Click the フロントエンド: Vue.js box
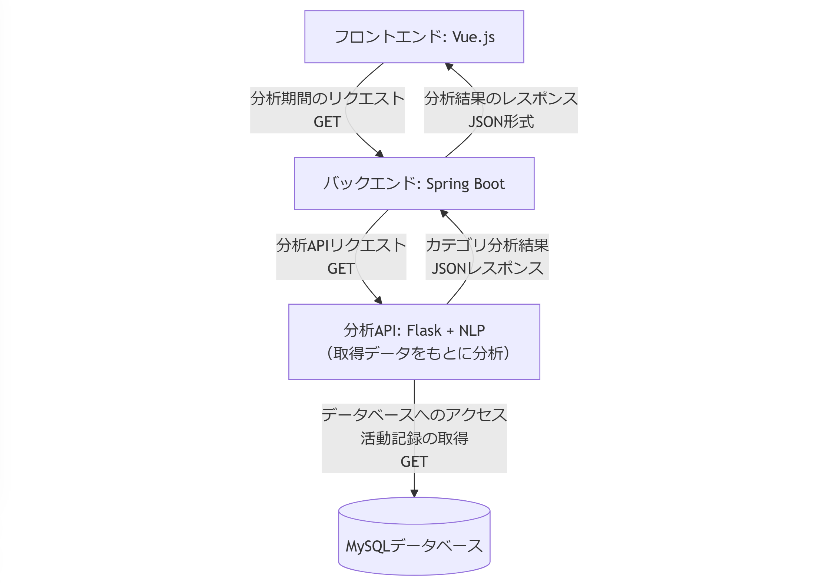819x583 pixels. [414, 37]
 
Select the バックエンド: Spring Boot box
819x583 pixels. [414, 183]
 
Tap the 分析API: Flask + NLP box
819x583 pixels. [414, 341]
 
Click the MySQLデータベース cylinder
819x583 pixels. [414, 541]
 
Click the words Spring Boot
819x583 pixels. [465, 184]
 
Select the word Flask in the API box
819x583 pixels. [424, 330]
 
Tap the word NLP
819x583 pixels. [472, 330]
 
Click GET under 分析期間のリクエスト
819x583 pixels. [327, 122]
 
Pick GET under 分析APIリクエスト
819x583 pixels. [341, 269]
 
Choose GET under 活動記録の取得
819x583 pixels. [414, 462]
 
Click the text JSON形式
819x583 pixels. [501, 122]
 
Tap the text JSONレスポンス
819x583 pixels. [487, 269]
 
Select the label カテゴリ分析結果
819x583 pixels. [487, 245]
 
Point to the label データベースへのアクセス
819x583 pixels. [414, 415]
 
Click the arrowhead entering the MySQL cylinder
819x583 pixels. [414, 493]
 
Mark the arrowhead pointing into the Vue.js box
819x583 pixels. [449, 67]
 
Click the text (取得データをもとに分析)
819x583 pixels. [418, 353]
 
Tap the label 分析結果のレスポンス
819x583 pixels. [501, 99]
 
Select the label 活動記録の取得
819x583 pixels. [414, 438]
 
